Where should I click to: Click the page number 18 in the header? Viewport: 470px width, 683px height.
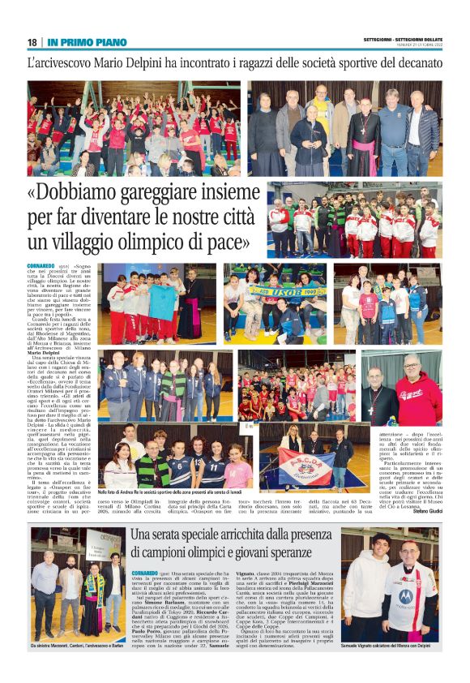[31, 42]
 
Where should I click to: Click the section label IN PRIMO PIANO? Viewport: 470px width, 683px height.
[87, 42]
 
